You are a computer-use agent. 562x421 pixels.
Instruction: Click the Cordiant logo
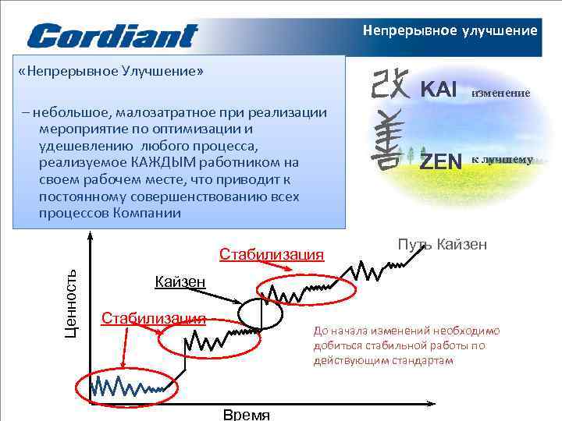click(112, 35)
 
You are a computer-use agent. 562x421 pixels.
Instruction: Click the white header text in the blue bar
click(450, 31)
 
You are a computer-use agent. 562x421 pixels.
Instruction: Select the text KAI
click(439, 89)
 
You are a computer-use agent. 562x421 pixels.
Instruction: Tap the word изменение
click(500, 93)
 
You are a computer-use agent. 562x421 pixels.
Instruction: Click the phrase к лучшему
click(501, 160)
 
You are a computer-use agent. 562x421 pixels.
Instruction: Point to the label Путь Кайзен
click(442, 245)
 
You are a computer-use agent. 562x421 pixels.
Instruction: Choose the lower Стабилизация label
click(153, 317)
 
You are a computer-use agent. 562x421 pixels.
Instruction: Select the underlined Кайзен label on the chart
click(180, 281)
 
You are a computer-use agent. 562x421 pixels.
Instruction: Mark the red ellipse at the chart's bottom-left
click(127, 384)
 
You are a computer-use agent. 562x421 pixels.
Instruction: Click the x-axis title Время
click(246, 414)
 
